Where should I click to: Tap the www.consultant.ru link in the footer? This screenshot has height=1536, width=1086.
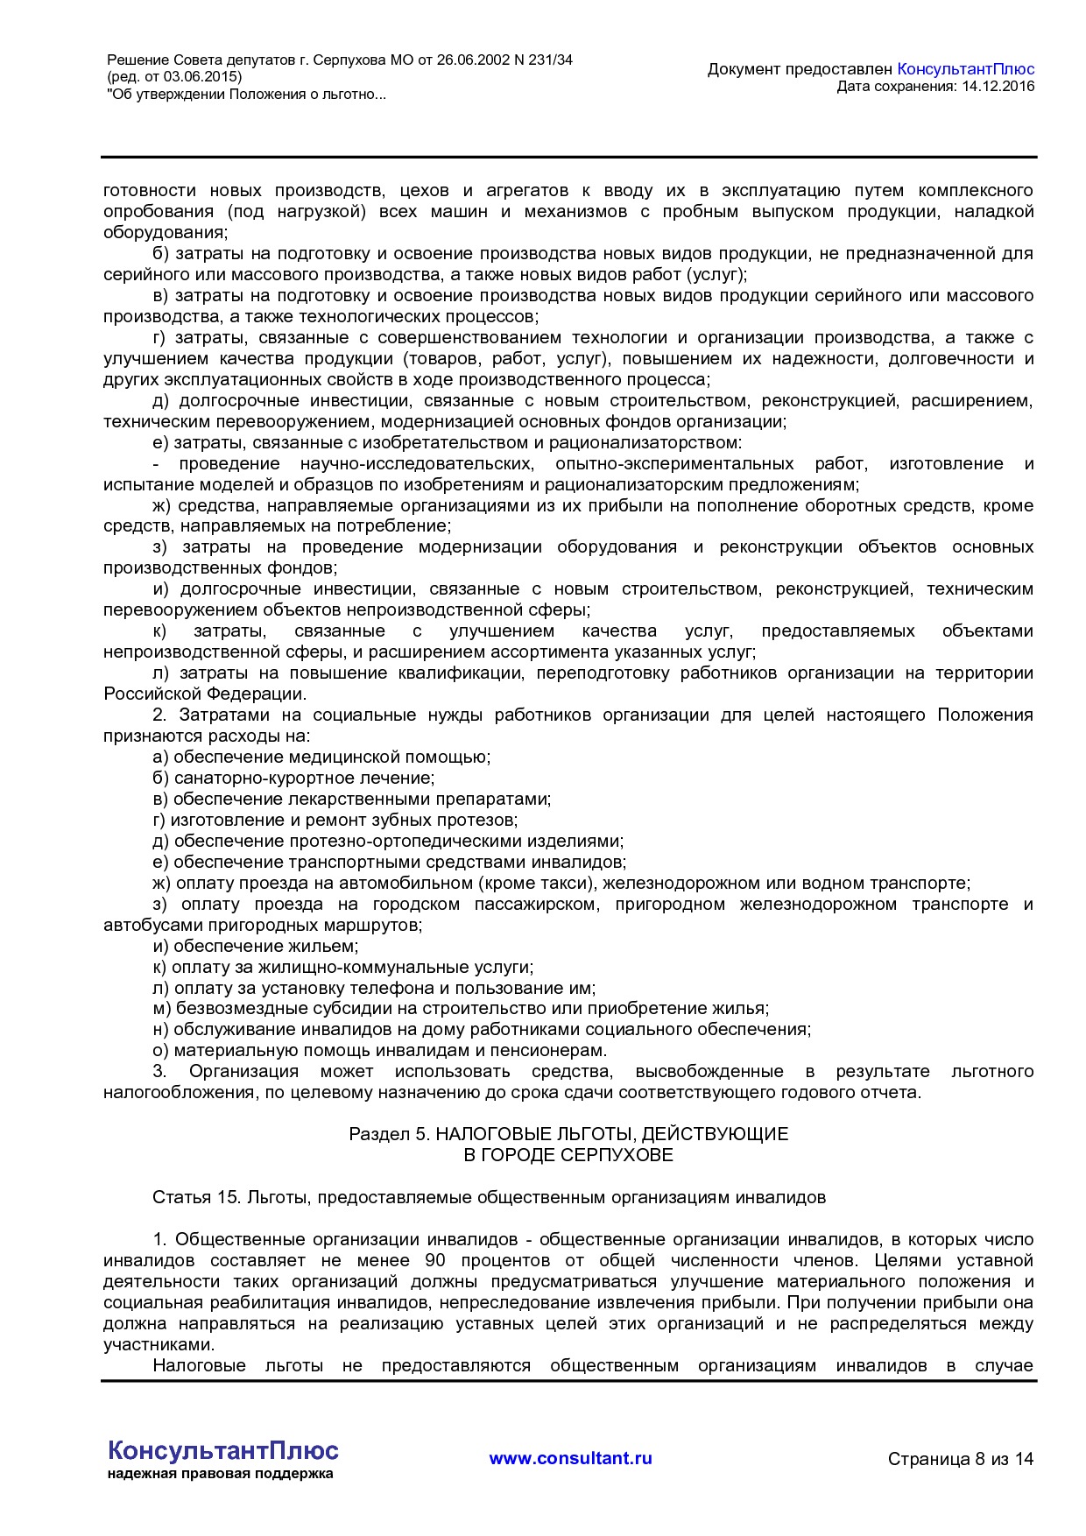(x=570, y=1458)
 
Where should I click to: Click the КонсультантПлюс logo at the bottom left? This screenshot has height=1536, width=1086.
(x=222, y=1450)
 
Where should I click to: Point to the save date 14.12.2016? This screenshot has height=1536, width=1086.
(x=998, y=86)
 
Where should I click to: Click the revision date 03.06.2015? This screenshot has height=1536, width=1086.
(x=199, y=77)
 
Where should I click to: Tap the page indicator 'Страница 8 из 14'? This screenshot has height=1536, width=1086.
(x=960, y=1459)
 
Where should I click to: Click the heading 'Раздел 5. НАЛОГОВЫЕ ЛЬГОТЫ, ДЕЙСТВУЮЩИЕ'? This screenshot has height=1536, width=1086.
(x=568, y=1134)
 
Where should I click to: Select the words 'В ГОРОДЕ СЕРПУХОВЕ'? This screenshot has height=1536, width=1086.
(x=568, y=1155)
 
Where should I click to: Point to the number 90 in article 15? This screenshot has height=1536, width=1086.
(x=435, y=1260)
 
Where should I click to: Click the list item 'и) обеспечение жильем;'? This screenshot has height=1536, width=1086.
(x=256, y=946)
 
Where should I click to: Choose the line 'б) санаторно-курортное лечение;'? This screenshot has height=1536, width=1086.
(x=293, y=778)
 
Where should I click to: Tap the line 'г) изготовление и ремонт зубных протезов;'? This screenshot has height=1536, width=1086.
(x=335, y=820)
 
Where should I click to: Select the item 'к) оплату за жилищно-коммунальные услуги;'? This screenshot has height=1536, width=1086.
(x=343, y=967)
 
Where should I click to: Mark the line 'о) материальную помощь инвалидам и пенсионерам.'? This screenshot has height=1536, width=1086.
(x=380, y=1050)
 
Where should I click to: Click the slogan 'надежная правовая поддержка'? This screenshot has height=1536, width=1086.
(x=221, y=1474)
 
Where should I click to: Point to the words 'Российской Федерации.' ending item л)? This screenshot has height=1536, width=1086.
(x=205, y=694)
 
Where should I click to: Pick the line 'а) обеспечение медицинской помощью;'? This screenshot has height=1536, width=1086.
(x=321, y=757)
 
